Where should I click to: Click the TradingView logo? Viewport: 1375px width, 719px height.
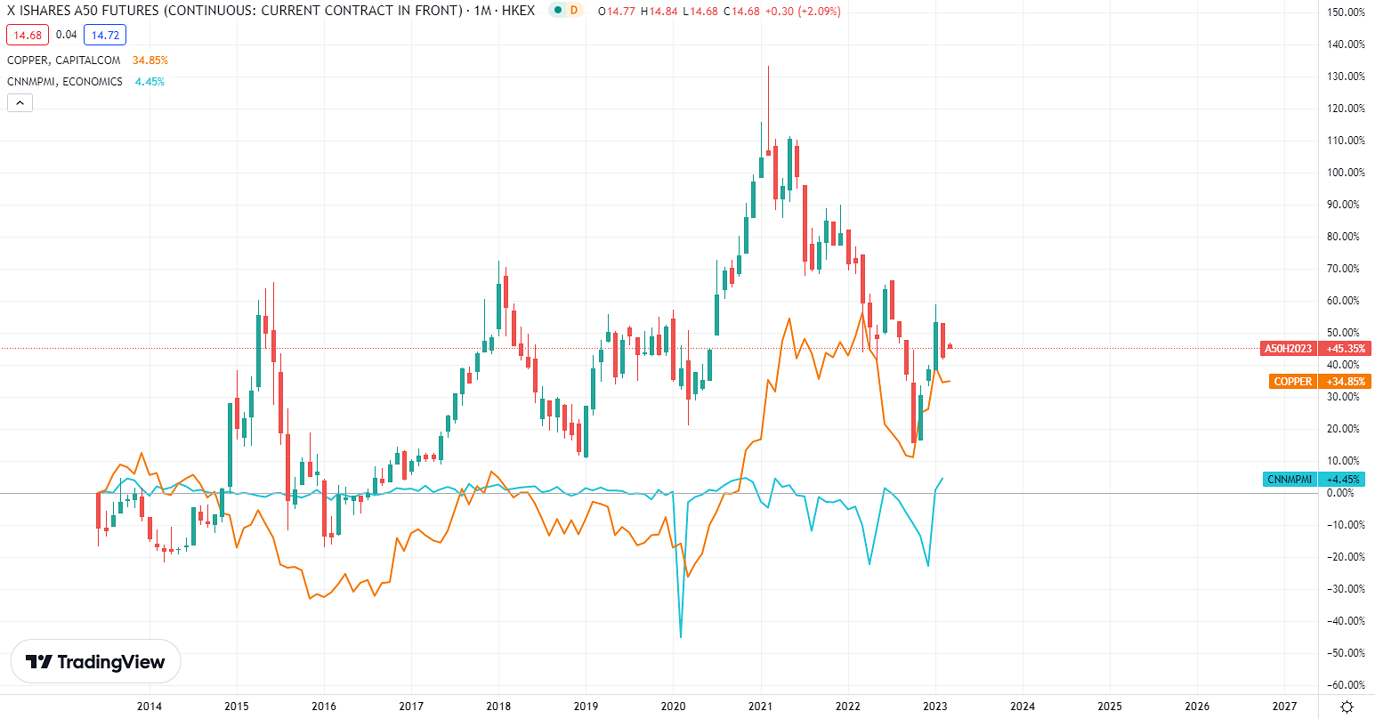coord(95,662)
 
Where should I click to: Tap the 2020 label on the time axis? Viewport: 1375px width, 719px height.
coord(672,707)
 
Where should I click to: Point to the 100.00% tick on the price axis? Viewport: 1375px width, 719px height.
coord(1345,173)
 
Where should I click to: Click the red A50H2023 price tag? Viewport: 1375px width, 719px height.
coord(1288,349)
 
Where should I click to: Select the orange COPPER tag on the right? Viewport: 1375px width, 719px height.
coord(1292,382)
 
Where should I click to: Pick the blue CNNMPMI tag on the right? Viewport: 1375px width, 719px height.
coord(1289,480)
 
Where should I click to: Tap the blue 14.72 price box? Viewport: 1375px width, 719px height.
coord(105,36)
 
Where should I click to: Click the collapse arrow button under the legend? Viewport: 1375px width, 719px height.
coord(20,103)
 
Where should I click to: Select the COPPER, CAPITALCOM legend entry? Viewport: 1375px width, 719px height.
coord(64,61)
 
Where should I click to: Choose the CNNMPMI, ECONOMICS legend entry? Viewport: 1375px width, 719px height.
coord(64,82)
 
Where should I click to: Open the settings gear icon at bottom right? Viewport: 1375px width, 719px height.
coord(1347,707)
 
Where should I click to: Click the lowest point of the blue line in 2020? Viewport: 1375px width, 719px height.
coord(681,637)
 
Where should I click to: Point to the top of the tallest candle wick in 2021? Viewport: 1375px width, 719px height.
coord(768,67)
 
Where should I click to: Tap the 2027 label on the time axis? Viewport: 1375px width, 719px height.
coord(1284,707)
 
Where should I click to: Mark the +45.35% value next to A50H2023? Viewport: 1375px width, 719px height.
coord(1346,349)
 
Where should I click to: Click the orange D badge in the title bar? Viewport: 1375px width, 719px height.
coord(574,11)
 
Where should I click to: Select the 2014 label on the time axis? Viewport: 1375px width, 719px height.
coord(149,707)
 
